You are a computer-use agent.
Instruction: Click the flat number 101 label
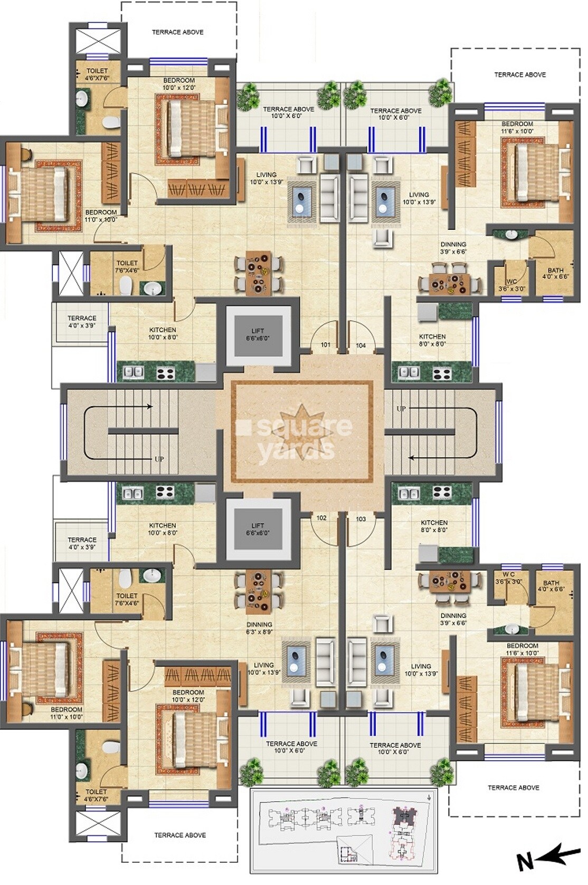click(325, 345)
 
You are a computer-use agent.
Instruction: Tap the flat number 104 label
click(361, 346)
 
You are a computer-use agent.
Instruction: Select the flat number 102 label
click(321, 518)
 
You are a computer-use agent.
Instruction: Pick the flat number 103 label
click(361, 519)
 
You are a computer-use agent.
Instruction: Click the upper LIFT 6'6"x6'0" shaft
click(258, 335)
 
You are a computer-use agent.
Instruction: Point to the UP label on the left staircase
click(159, 459)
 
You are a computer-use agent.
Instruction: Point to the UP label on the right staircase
click(401, 409)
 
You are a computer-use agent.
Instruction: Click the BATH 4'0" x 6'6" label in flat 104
click(555, 273)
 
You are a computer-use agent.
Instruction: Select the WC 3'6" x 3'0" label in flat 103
click(509, 578)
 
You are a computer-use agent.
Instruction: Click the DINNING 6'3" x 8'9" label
click(259, 628)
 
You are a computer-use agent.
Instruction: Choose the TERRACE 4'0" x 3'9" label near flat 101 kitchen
click(82, 322)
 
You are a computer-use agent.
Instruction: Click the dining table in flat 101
click(259, 273)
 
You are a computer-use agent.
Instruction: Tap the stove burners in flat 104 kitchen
click(442, 373)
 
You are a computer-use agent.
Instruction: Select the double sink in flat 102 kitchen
click(132, 494)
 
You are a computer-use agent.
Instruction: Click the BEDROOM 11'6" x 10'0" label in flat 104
click(517, 127)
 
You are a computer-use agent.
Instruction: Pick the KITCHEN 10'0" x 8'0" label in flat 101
click(163, 333)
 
